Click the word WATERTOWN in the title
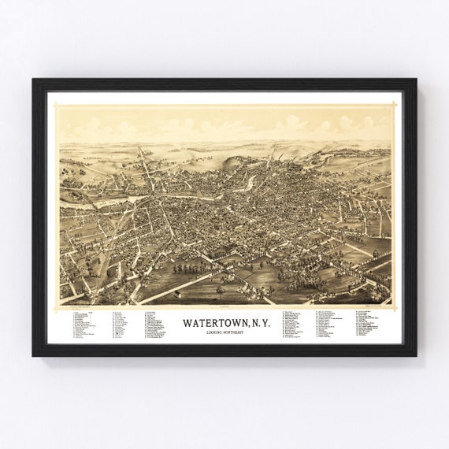point(210,322)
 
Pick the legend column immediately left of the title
point(158,324)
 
